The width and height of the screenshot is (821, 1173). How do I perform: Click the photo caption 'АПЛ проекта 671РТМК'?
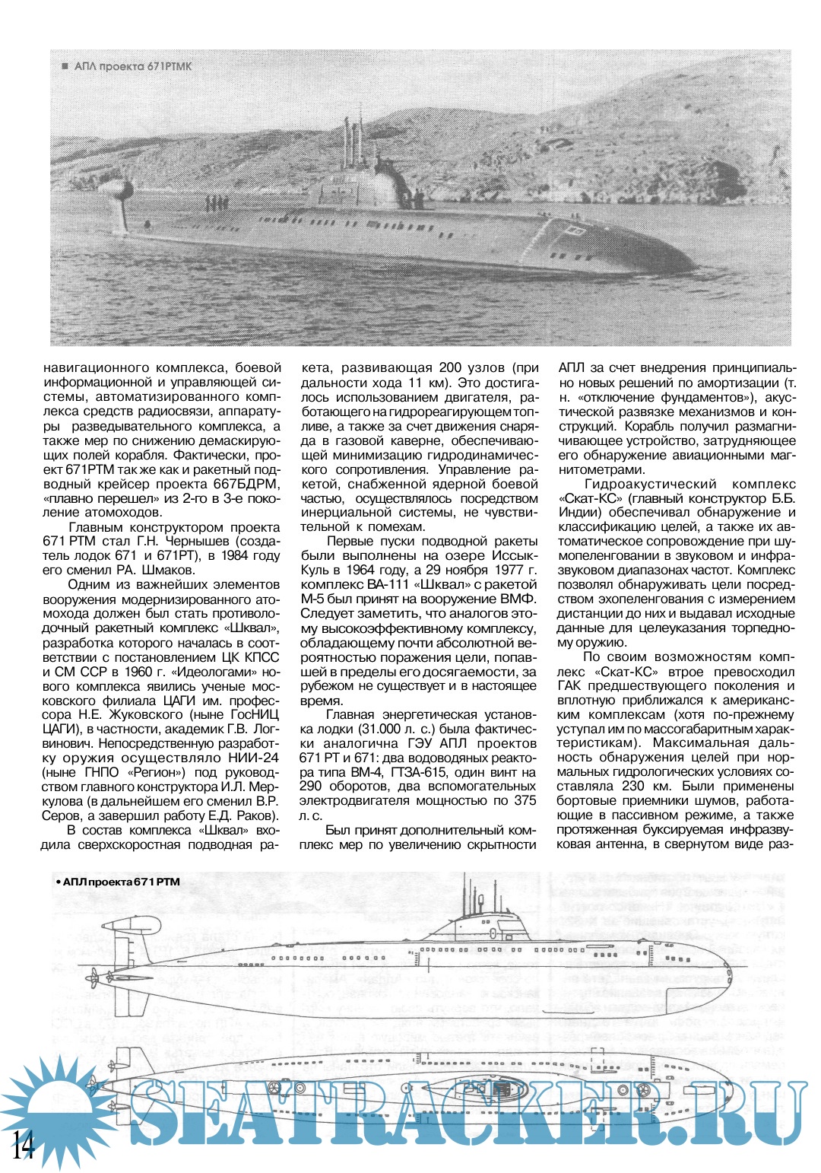(133, 66)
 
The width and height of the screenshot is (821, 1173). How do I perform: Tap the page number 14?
(23, 1144)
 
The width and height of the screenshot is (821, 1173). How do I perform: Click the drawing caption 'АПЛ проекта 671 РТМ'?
(119, 882)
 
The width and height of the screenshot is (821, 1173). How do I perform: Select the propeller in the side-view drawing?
(94, 976)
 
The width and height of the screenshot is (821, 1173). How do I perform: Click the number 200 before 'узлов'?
(451, 368)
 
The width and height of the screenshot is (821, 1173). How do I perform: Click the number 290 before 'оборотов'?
(311, 787)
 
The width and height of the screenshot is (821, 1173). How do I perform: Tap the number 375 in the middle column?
(525, 801)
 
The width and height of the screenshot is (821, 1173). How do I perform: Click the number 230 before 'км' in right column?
(634, 787)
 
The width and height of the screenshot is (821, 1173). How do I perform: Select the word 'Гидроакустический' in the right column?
(650, 485)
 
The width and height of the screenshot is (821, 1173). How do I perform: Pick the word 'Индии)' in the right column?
(579, 513)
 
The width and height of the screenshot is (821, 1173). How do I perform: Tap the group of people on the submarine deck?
(216, 203)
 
